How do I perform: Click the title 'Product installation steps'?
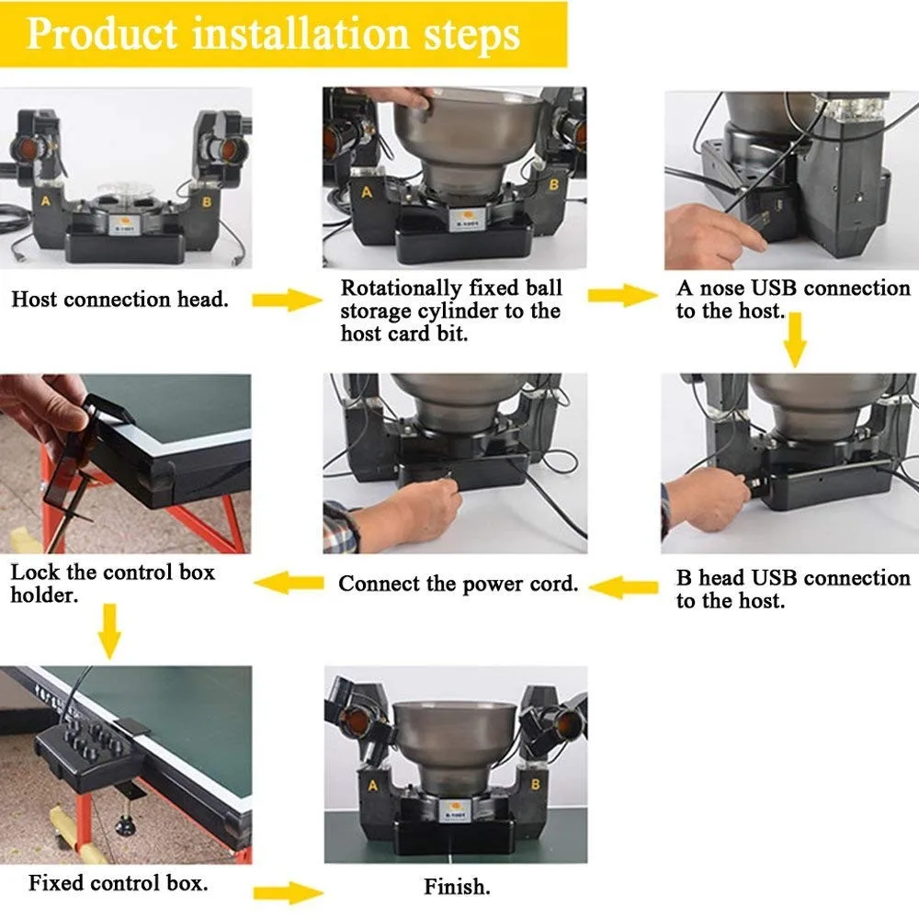click(273, 34)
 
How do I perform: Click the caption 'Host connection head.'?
click(119, 299)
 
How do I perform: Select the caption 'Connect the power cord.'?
click(459, 584)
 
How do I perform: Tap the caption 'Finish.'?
click(457, 887)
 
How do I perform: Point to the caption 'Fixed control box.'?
click(118, 883)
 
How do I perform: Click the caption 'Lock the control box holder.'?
click(112, 583)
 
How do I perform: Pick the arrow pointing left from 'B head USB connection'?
click(625, 585)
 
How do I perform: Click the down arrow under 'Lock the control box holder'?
click(108, 631)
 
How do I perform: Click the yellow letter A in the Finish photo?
click(372, 786)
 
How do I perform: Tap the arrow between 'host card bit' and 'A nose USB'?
click(618, 295)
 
